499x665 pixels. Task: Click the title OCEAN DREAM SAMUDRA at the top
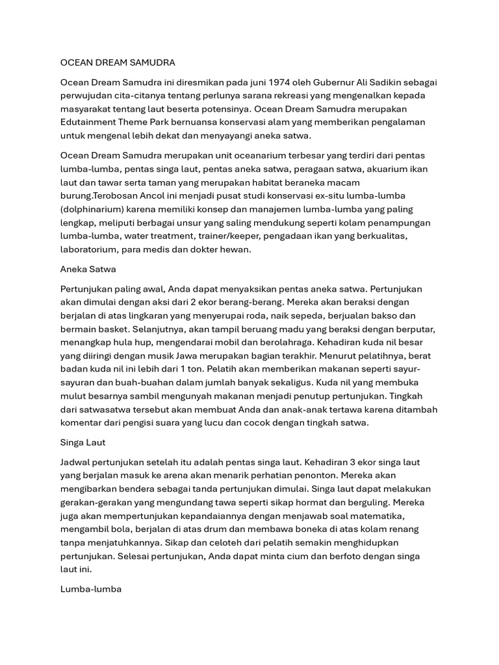click(x=118, y=63)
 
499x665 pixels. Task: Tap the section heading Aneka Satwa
click(x=88, y=268)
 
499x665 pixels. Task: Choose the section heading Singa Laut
click(x=82, y=442)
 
